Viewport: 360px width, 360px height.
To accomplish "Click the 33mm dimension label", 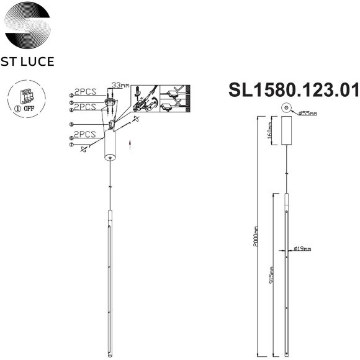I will [x=120, y=84].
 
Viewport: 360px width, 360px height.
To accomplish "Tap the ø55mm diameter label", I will [x=307, y=114].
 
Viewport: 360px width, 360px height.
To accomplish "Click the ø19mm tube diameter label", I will [x=303, y=250].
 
